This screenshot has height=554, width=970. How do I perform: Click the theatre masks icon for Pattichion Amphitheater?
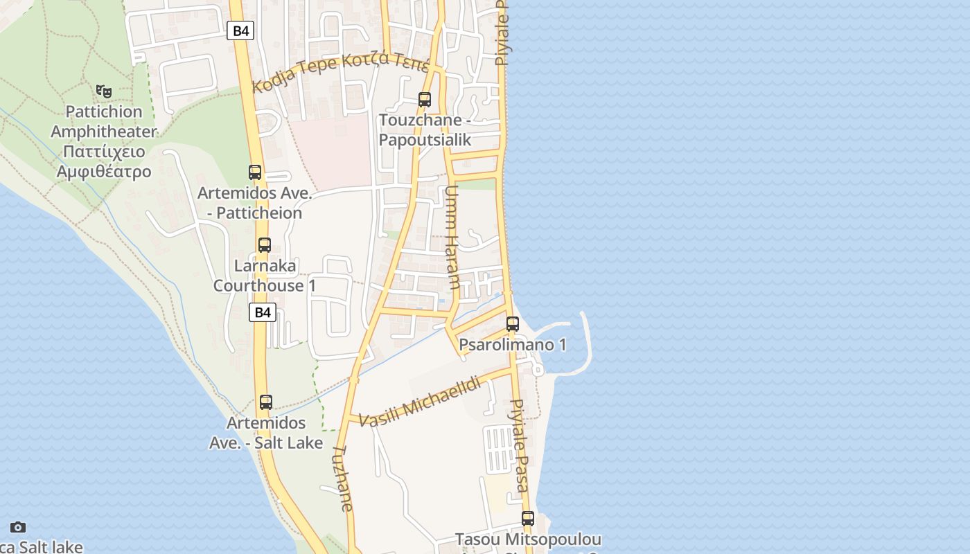[104, 91]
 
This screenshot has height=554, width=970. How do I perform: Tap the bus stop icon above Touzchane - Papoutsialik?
[425, 100]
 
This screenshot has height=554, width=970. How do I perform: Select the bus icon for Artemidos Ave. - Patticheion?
[255, 172]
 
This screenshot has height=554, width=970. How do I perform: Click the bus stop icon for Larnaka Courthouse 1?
[264, 245]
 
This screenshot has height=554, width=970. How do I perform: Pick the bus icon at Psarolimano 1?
[513, 323]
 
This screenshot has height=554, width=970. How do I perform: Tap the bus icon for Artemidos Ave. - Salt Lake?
[265, 402]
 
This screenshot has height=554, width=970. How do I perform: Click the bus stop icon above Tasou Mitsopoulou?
[528, 518]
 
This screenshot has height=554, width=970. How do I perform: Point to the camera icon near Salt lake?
[18, 528]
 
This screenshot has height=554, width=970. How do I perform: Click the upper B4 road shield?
[240, 30]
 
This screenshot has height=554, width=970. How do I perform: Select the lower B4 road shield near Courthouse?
[263, 312]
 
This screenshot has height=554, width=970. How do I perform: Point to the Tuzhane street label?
[343, 478]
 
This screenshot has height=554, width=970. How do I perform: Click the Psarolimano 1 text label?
[513, 345]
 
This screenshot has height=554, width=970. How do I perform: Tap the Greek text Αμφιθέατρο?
[104, 171]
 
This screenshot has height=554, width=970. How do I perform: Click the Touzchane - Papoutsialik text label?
[425, 130]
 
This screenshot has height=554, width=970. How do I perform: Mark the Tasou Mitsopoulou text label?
[528, 539]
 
